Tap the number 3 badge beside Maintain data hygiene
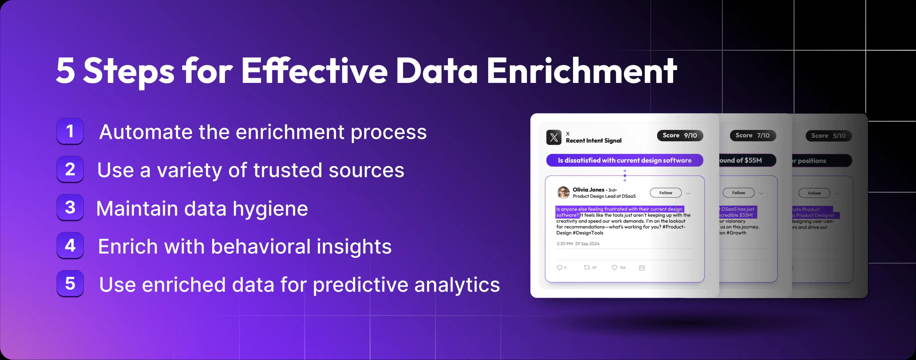click(70, 208)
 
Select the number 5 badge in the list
click(70, 284)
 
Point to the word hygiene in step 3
click(270, 209)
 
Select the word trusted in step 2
click(288, 170)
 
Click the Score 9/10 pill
click(680, 135)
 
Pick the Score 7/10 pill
click(753, 135)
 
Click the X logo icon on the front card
click(554, 137)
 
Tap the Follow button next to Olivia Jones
click(665, 193)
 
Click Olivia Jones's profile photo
click(563, 192)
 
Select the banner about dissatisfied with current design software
click(624, 160)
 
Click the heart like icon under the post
click(614, 268)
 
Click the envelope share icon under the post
click(642, 268)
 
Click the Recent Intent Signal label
click(594, 141)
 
